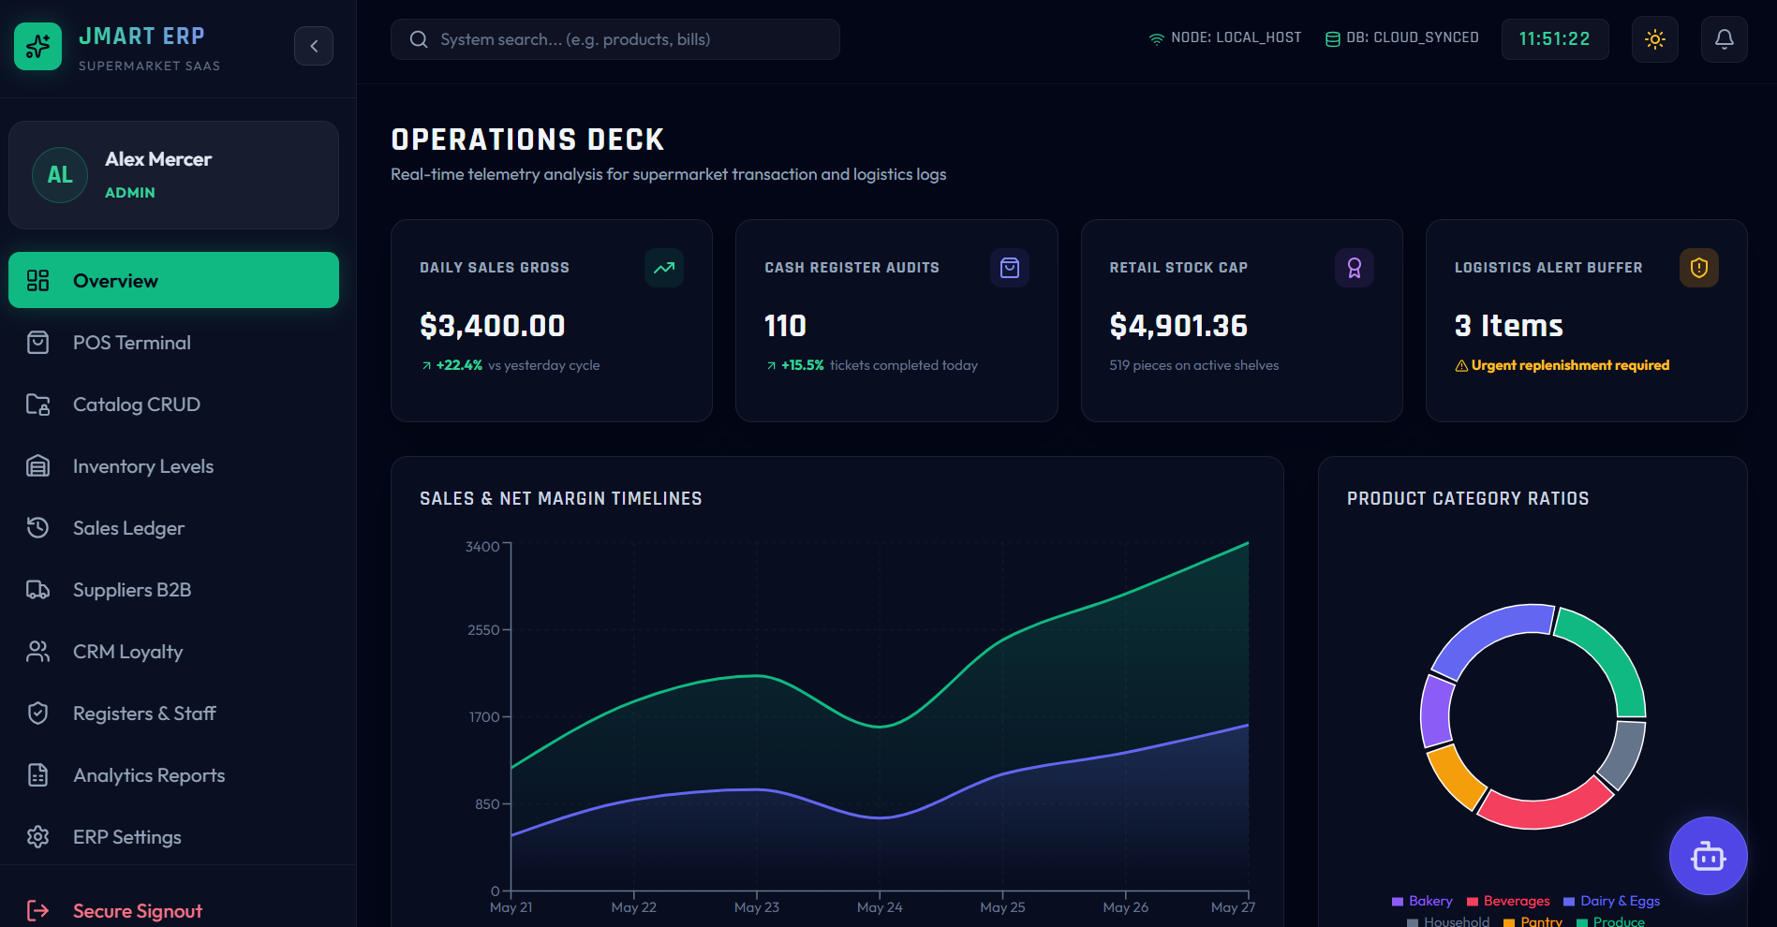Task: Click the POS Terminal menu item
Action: point(173,343)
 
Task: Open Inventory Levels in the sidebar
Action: point(173,466)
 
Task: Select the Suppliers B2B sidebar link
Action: point(173,590)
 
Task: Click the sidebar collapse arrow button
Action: point(314,46)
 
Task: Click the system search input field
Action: point(615,39)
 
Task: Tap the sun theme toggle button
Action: point(1655,39)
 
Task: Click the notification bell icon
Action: point(1725,39)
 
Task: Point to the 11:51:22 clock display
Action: point(1555,39)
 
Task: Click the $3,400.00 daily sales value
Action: point(493,326)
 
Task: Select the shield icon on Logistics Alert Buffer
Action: point(1699,268)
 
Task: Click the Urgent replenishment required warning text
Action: point(1570,365)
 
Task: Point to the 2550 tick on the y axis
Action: point(483,630)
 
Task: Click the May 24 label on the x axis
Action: point(880,907)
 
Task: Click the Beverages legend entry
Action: point(1508,901)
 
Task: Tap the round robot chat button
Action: point(1709,856)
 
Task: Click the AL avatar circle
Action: point(60,175)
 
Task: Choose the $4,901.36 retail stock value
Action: point(1178,326)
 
